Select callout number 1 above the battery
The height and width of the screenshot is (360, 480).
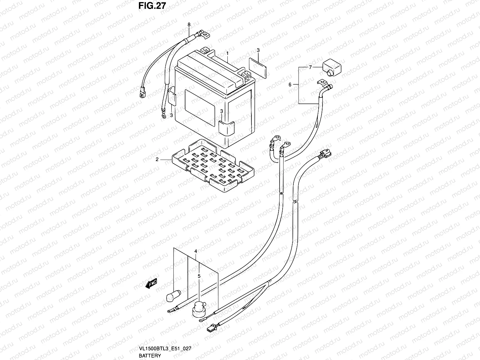tap(228, 53)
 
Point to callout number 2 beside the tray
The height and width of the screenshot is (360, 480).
tap(157, 160)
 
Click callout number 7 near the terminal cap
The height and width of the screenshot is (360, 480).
tap(310, 67)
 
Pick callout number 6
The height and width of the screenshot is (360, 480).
tap(290, 85)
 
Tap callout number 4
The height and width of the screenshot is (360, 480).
tap(196, 251)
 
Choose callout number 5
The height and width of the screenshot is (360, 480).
tap(199, 276)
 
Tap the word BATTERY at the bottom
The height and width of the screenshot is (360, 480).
tap(150, 356)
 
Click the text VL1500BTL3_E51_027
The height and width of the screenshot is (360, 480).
tap(165, 349)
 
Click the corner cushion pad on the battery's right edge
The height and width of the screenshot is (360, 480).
tap(226, 128)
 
